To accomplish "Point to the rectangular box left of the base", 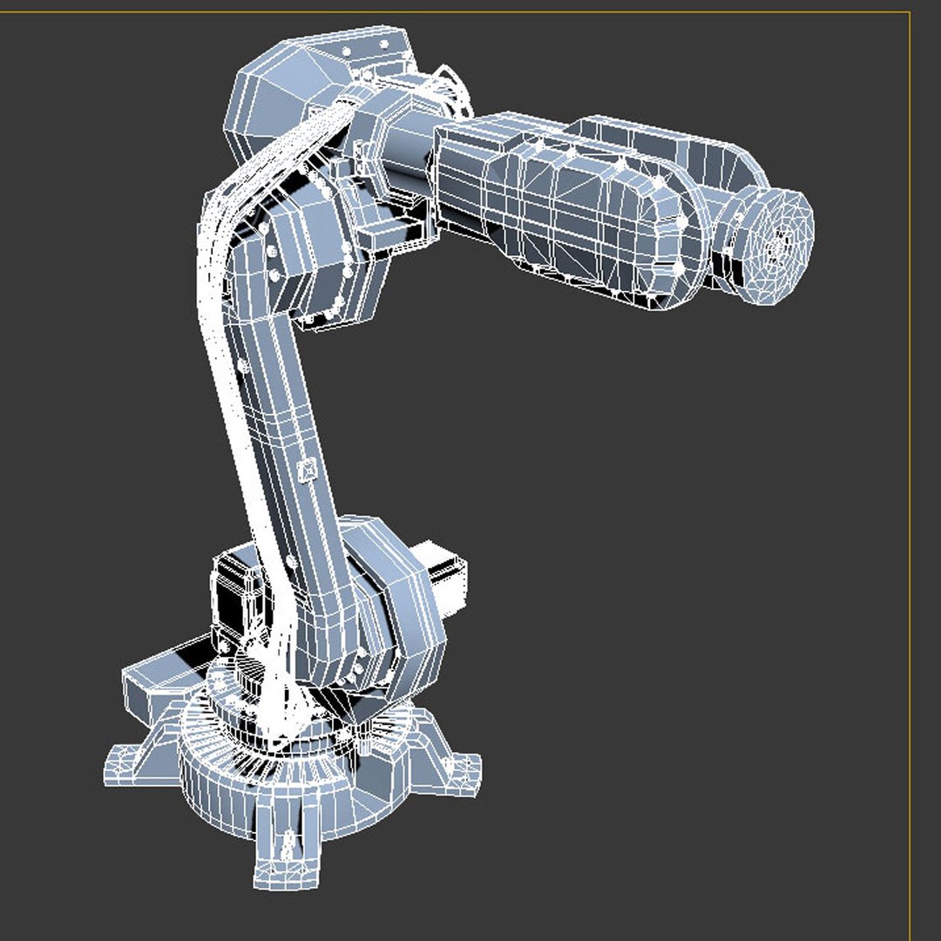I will click(x=161, y=675).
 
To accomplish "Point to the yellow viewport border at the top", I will click(x=470, y=12).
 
